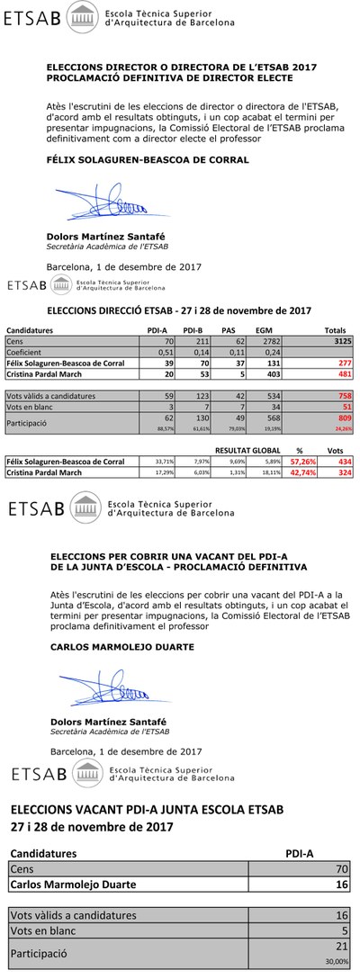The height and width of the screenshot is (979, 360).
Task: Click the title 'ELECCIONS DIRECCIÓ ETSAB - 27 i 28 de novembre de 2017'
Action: (178, 310)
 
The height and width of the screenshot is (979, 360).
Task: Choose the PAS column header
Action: (229, 330)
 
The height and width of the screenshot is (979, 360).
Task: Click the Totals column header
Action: (335, 330)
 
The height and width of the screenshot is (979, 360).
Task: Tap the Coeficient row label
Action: (25, 352)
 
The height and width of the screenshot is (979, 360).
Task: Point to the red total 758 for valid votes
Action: (344, 395)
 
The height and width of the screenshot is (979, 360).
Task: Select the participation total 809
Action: (344, 418)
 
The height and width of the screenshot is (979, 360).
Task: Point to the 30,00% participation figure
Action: (337, 960)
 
